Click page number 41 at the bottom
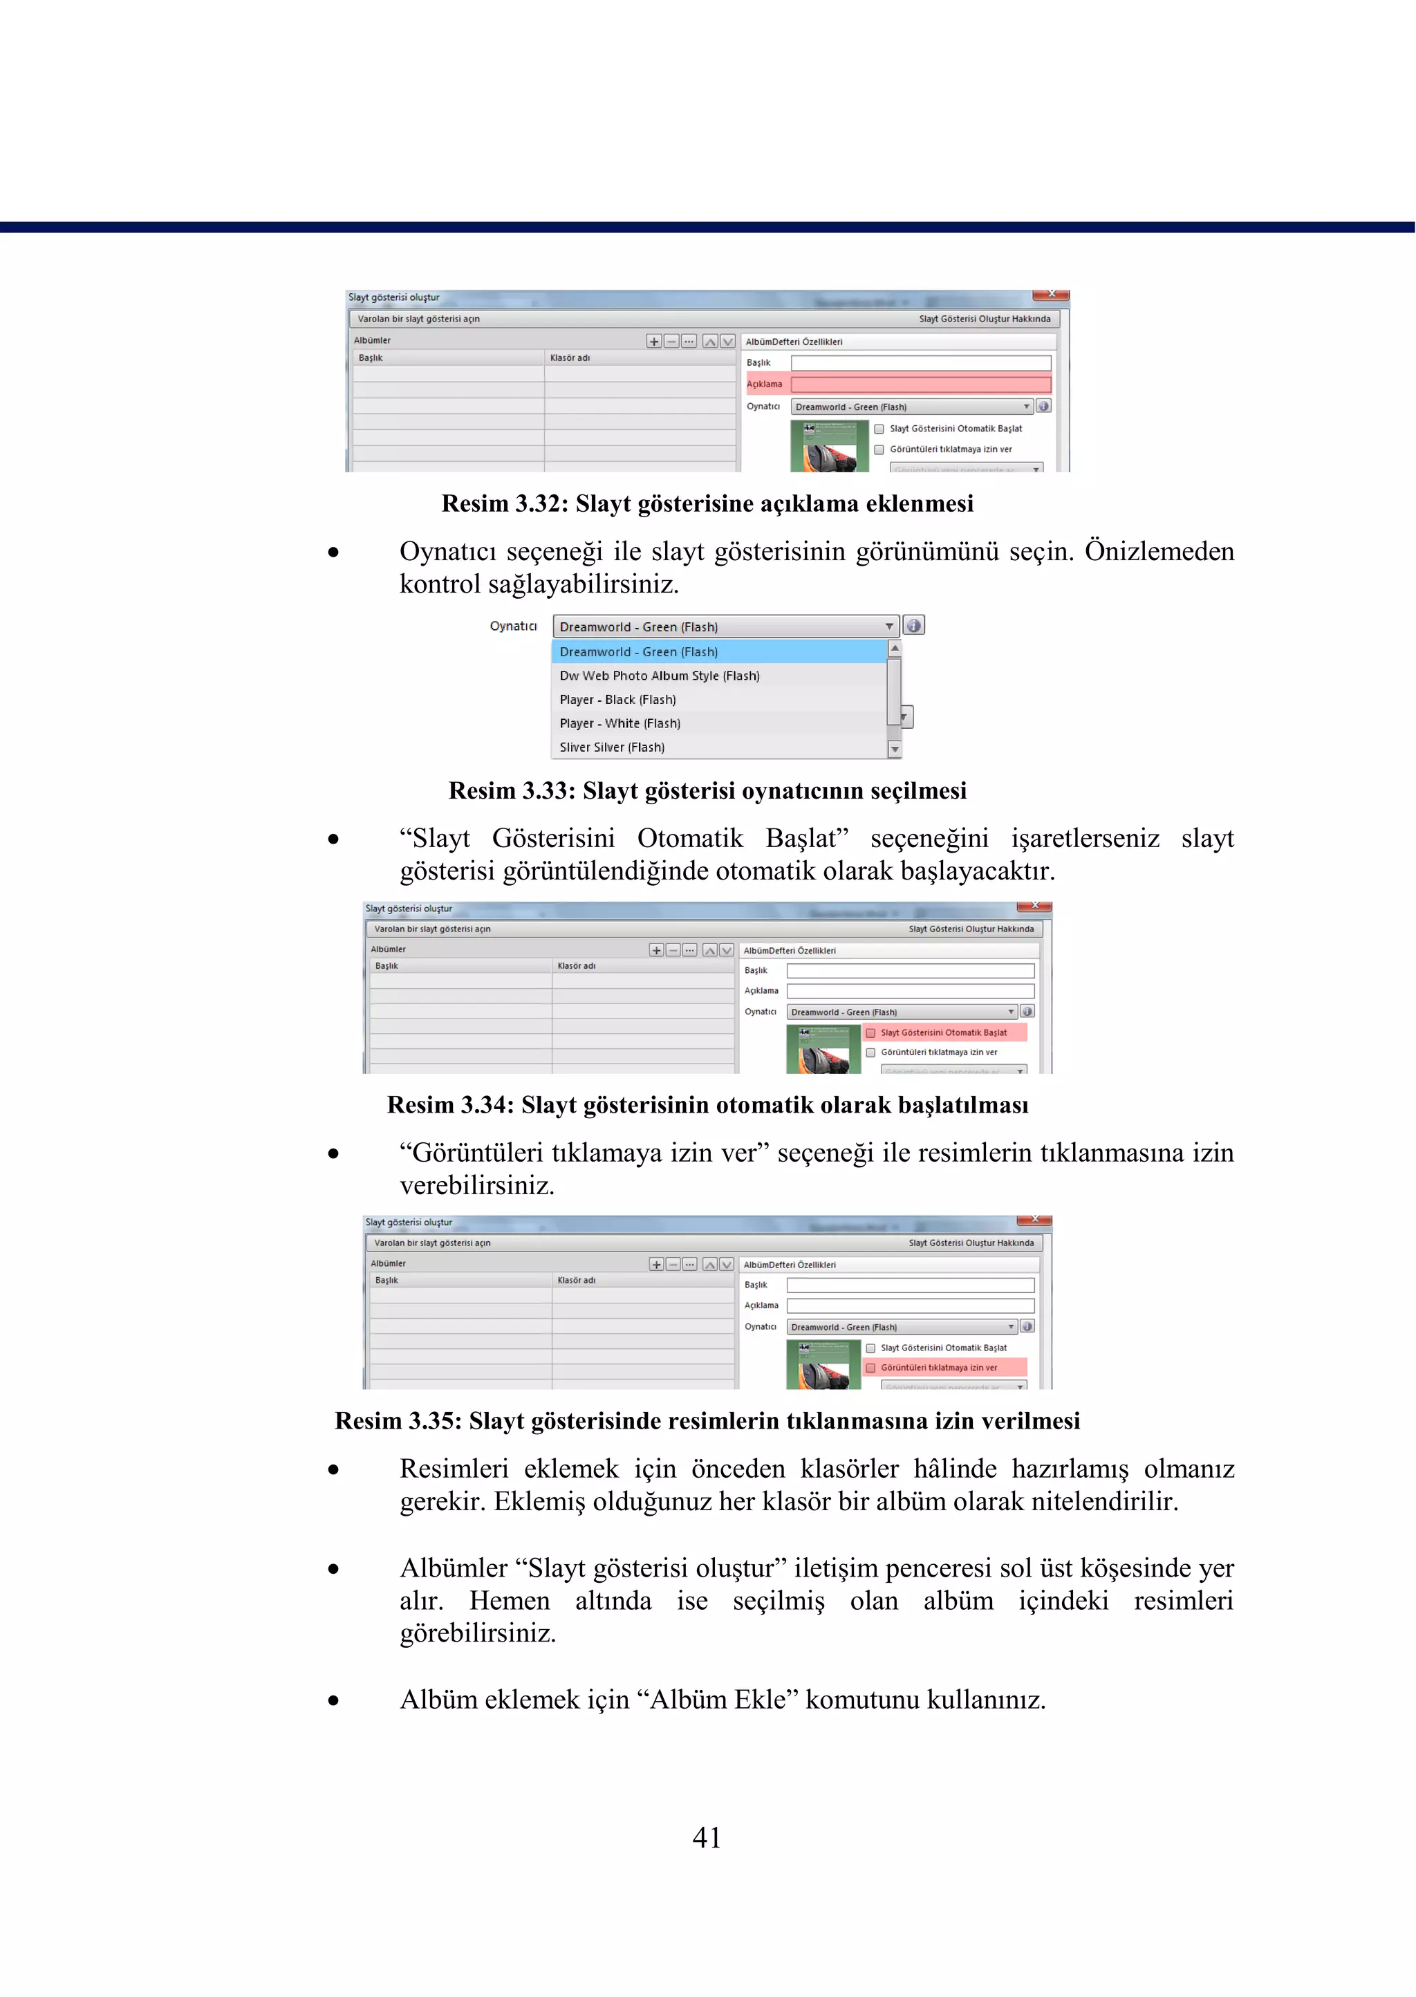(x=706, y=1837)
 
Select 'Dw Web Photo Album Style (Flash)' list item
(x=659, y=676)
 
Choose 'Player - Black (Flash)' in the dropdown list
(x=617, y=699)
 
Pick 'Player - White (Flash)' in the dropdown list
(x=620, y=723)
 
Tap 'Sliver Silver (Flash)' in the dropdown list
(x=611, y=747)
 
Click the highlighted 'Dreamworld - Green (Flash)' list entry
(x=638, y=651)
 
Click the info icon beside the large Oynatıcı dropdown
(x=913, y=625)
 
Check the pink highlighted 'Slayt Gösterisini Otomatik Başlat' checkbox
(x=870, y=1032)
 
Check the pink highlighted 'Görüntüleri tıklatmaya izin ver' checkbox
(x=870, y=1367)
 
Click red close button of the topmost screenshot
(x=1051, y=295)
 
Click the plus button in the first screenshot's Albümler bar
(x=654, y=341)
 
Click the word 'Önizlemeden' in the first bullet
(x=1159, y=551)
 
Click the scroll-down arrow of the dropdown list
(x=895, y=749)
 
